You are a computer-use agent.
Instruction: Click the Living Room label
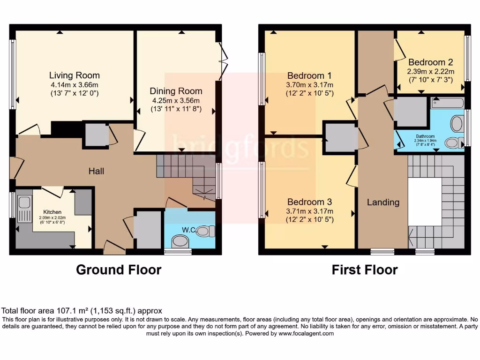(x=75, y=75)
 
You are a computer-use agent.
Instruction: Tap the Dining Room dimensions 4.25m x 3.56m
(x=176, y=101)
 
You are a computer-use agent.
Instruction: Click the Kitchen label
(x=52, y=211)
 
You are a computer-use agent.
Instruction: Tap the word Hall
(x=96, y=172)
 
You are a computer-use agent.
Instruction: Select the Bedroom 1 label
(x=309, y=75)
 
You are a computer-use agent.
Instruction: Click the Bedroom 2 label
(x=430, y=62)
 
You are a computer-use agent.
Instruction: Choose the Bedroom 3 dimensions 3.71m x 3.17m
(x=309, y=211)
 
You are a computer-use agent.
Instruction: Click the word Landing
(x=383, y=202)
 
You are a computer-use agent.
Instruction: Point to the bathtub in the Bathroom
(x=447, y=103)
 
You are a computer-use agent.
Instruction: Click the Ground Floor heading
(x=119, y=270)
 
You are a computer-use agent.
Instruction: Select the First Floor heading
(x=365, y=270)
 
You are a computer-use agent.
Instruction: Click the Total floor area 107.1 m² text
(x=82, y=310)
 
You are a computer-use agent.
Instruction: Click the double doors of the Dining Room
(x=223, y=59)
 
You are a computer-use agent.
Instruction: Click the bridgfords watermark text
(x=240, y=146)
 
